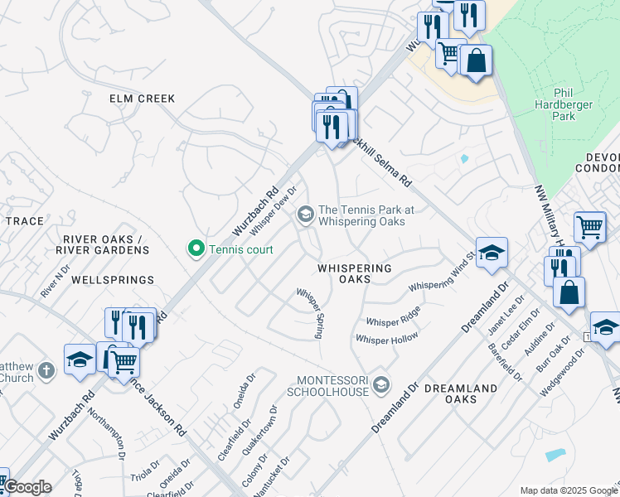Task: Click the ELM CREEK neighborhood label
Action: tap(143, 99)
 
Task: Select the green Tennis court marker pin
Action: tap(196, 248)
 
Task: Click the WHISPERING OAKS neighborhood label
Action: tap(354, 274)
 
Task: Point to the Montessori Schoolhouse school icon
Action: tap(380, 383)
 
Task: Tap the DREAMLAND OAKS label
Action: tap(461, 393)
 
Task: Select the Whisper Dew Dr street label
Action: tap(273, 212)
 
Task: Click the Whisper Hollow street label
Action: tap(386, 339)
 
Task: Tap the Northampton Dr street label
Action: tap(106, 436)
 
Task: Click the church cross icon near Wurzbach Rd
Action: tap(47, 369)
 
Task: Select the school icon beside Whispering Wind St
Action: tap(491, 253)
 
